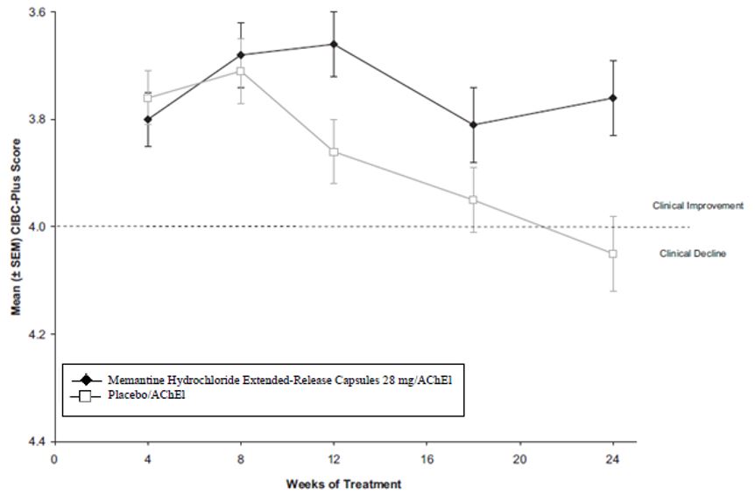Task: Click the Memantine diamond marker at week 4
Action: [x=147, y=119]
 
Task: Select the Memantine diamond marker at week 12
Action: [x=334, y=44]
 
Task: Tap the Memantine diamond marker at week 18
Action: [x=474, y=125]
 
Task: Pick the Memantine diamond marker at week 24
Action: [x=613, y=98]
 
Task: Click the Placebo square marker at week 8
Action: [x=240, y=71]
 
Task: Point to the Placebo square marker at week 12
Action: [x=334, y=152]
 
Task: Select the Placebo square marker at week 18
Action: [x=474, y=200]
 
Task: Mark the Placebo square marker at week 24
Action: [x=613, y=254]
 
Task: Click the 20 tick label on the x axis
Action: [x=519, y=458]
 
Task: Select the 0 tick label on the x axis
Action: [x=54, y=458]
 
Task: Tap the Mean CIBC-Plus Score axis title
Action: [x=14, y=229]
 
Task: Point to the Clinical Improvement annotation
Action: [x=697, y=206]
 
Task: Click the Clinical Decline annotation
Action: [x=692, y=255]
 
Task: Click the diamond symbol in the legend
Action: [x=86, y=381]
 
